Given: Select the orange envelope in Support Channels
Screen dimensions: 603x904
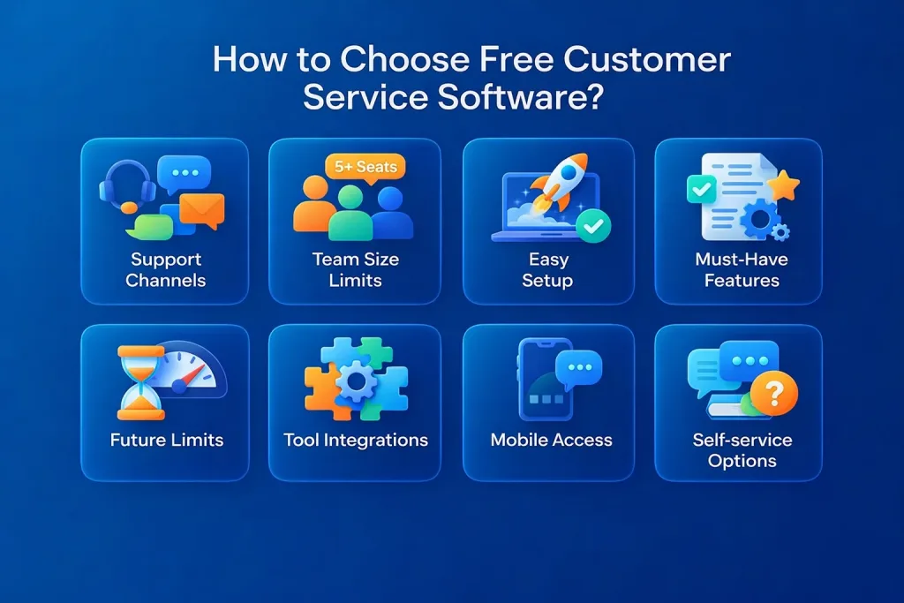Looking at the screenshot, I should pyautogui.click(x=202, y=210).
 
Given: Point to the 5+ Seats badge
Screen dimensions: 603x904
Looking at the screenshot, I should pyautogui.click(x=363, y=166).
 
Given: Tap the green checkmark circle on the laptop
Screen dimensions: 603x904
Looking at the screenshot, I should pyautogui.click(x=593, y=227).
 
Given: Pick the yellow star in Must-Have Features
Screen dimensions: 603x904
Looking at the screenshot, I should pyautogui.click(x=782, y=186).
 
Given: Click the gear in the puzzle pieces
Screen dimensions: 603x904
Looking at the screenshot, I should pyautogui.click(x=357, y=381).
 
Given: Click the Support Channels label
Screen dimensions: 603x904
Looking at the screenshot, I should pyautogui.click(x=165, y=270).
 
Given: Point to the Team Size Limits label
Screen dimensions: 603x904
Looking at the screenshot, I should pyautogui.click(x=355, y=270).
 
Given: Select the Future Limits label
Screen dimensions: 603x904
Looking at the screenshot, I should pyautogui.click(x=167, y=440).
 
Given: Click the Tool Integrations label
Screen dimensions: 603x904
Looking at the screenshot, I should pyautogui.click(x=355, y=440).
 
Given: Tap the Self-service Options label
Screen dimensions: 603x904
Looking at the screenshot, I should pyautogui.click(x=742, y=450).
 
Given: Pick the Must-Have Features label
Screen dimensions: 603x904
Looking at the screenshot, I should pyautogui.click(x=742, y=270).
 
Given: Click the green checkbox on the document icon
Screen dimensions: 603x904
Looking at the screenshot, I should pyautogui.click(x=701, y=188).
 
